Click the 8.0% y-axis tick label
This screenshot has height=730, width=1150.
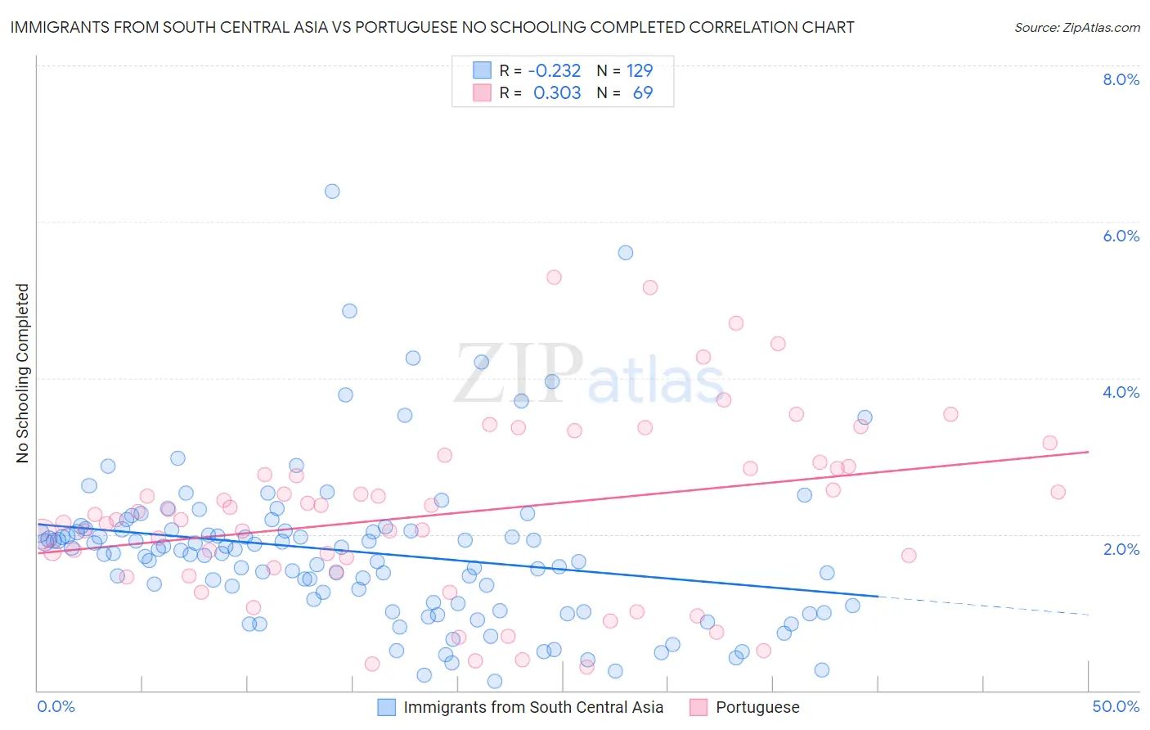(x=1121, y=79)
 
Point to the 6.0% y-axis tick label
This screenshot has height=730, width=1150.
(x=1121, y=236)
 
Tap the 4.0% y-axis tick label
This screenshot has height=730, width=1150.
(x=1121, y=392)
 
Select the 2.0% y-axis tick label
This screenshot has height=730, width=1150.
(x=1121, y=549)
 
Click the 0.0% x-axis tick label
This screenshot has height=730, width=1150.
(x=56, y=706)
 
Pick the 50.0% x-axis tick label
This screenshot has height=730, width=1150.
(x=1116, y=706)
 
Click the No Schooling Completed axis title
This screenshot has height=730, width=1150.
(x=22, y=373)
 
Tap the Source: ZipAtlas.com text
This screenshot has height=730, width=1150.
(x=1076, y=28)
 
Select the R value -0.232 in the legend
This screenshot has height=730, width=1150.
(x=555, y=71)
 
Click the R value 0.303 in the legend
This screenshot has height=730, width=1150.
(x=557, y=93)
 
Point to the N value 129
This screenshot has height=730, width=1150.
(x=640, y=71)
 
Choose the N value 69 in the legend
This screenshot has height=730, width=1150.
(x=643, y=93)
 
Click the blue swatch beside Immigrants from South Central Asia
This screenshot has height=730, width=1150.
(x=386, y=707)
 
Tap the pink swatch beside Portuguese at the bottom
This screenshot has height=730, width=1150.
(x=699, y=707)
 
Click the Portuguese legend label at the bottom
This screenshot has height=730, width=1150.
(x=757, y=707)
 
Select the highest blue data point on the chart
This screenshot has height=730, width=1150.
(x=332, y=192)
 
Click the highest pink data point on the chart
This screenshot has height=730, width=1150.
(x=554, y=277)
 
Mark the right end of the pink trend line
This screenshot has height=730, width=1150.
(x=1088, y=452)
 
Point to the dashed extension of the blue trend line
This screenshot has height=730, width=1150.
(x=982, y=606)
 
